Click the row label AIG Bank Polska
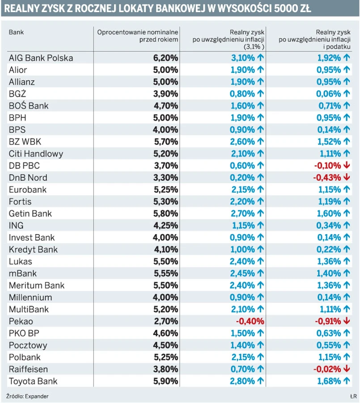point(41,58)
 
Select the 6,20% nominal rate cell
point(165,58)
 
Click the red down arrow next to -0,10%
point(347,166)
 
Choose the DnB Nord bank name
point(28,178)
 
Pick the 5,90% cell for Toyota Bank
point(165,382)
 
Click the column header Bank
point(16,33)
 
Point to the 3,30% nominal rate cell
point(165,178)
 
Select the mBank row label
point(23,273)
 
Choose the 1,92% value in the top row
point(330,58)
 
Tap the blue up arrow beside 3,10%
point(261,58)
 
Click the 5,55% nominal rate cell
point(165,273)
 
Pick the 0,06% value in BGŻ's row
point(330,94)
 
